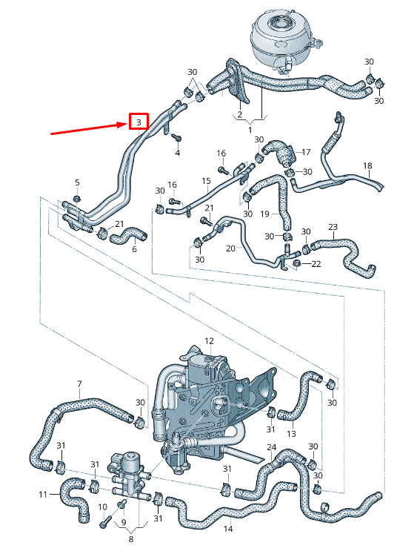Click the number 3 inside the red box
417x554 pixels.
[x=139, y=122]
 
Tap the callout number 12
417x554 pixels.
[x=209, y=341]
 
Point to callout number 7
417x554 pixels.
[x=79, y=383]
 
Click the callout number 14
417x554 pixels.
[x=228, y=529]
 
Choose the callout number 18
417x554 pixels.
[x=367, y=165]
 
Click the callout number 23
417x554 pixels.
[x=333, y=227]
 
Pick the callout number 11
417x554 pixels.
[x=43, y=494]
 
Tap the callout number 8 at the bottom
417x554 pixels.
[x=131, y=539]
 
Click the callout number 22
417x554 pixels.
[x=316, y=264]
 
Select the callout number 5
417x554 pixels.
[x=77, y=182]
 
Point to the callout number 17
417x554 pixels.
[x=306, y=152]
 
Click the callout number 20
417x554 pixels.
[x=230, y=248]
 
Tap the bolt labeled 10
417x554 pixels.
[x=105, y=522]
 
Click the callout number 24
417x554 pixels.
[x=271, y=447]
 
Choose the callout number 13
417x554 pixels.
[x=291, y=433]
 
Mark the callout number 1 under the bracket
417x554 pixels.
[x=250, y=130]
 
